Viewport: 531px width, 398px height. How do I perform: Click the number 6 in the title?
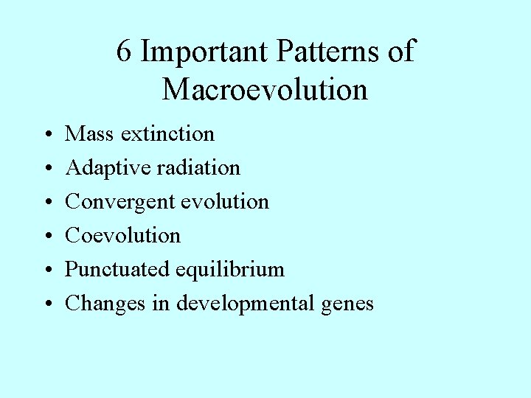124,52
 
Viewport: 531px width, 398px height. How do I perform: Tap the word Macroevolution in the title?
265,90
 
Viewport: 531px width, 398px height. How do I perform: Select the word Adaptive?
100,168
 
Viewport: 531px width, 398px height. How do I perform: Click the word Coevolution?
123,235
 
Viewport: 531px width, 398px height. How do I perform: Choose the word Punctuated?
117,270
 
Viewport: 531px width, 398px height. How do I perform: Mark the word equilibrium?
229,270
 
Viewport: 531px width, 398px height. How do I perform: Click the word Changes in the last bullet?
105,304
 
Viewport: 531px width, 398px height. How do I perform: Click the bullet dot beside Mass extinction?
46,135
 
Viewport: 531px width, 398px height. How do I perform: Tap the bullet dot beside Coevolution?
46,237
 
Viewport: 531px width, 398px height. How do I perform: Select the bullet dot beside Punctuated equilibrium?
46,270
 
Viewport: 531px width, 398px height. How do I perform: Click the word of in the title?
400,52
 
